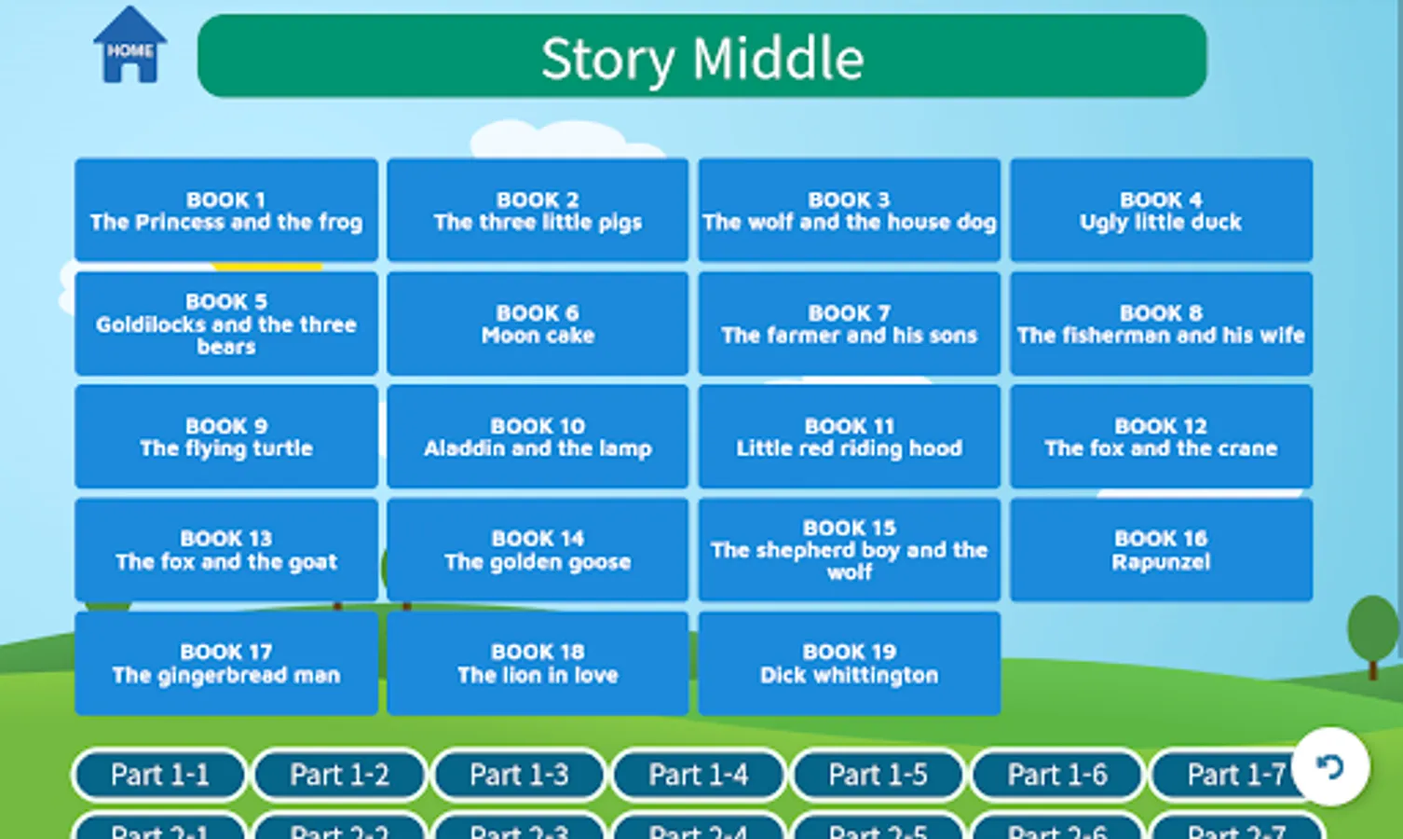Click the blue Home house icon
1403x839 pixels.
(x=129, y=46)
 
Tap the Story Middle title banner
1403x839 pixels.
(x=701, y=57)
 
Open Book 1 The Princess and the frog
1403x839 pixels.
(x=226, y=210)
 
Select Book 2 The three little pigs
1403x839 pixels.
(x=538, y=210)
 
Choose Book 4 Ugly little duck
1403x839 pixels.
(x=1161, y=210)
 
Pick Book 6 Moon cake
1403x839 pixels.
(x=538, y=323)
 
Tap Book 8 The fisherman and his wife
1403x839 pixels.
(x=1161, y=323)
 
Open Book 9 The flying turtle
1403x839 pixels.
(x=226, y=436)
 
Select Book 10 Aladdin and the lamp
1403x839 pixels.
(x=538, y=436)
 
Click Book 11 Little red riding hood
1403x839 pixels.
(x=849, y=436)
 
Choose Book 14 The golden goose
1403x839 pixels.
(x=538, y=550)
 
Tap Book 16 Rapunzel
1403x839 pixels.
(x=1161, y=550)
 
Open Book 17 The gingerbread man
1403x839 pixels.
(x=226, y=663)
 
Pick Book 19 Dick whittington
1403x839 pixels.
(x=849, y=663)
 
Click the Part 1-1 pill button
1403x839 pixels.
(x=159, y=775)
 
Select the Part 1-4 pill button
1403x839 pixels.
(x=698, y=775)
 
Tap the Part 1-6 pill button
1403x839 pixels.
(x=1057, y=775)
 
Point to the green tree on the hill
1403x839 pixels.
(x=1372, y=629)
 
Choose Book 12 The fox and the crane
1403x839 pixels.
(x=1161, y=436)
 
